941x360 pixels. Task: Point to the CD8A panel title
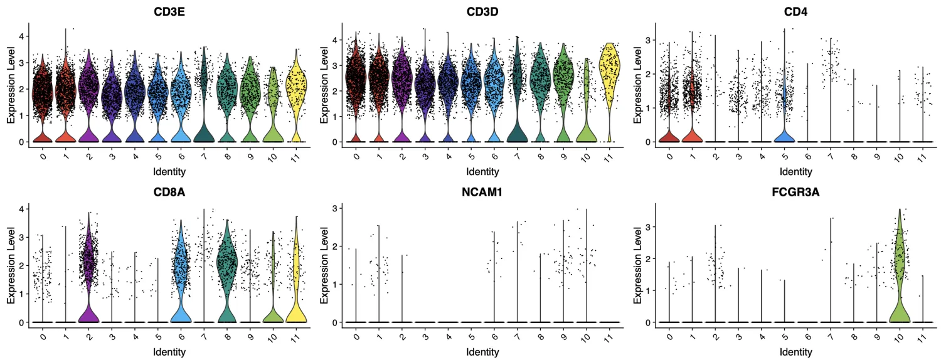coord(168,191)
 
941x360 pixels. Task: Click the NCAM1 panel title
coord(482,191)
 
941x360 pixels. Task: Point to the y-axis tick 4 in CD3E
coord(21,36)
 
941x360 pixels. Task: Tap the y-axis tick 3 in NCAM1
coord(335,208)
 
